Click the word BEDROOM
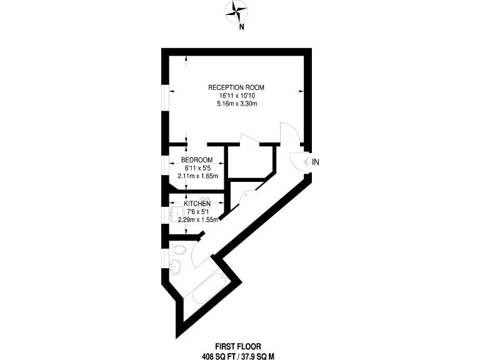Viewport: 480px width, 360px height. click(x=196, y=160)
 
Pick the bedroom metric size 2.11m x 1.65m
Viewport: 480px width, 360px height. click(x=197, y=176)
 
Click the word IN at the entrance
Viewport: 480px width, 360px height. click(x=316, y=162)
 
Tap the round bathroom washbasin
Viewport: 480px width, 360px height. click(x=176, y=269)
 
